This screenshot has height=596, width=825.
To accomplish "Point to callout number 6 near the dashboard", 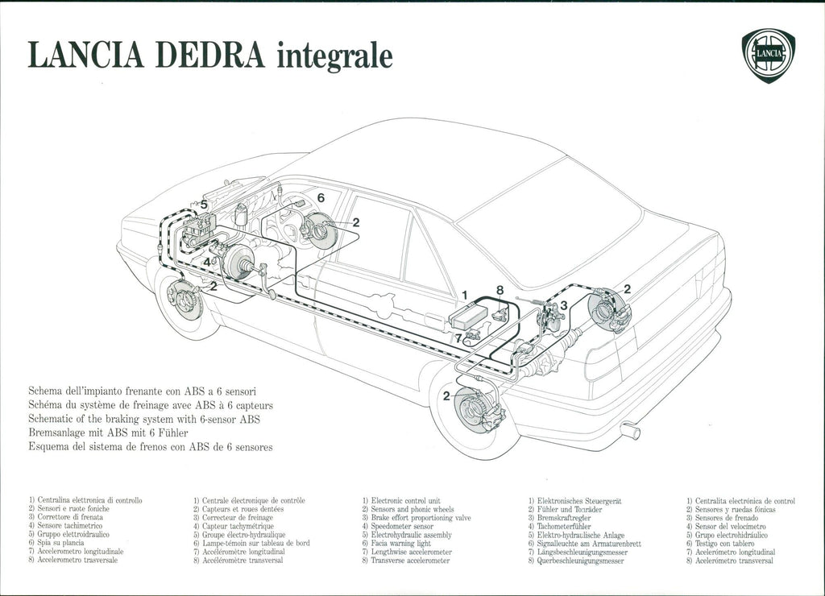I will tap(321, 197).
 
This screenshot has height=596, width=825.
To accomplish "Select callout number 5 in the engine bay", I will tap(204, 205).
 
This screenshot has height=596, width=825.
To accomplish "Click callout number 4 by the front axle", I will tap(206, 262).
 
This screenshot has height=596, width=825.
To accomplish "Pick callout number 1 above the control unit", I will tap(464, 295).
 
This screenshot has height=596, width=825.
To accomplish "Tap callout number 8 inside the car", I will tap(500, 290).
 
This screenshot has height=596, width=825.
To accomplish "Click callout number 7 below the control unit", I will tap(458, 338).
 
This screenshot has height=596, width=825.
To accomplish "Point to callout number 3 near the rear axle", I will tap(564, 305).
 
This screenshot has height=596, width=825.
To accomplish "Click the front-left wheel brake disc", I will tap(184, 300).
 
